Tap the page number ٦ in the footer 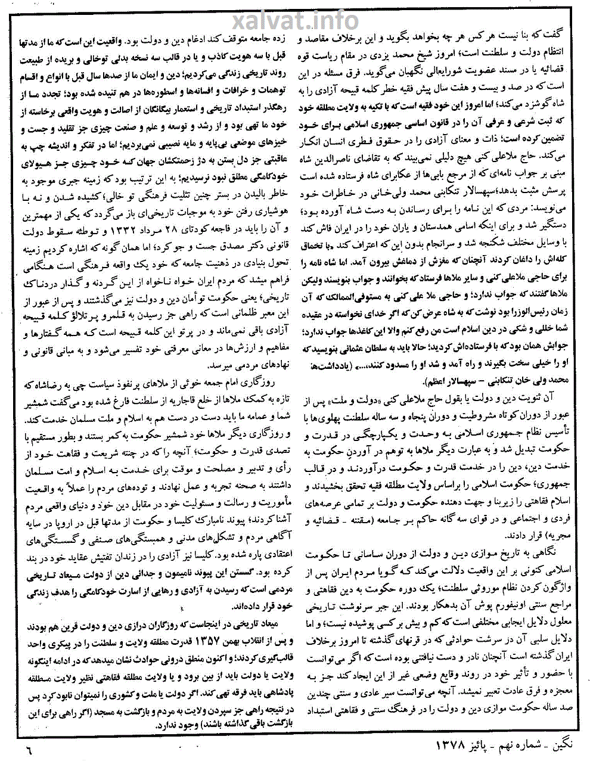tap(27, 745)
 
